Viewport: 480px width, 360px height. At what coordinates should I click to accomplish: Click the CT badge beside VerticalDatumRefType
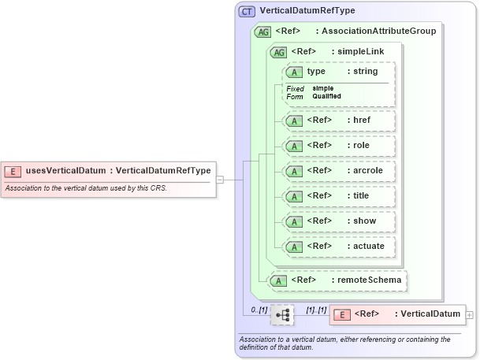click(247, 11)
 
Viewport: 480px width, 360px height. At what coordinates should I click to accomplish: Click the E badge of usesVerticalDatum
click(13, 171)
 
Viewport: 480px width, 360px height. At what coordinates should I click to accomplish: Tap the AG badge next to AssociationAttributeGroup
click(262, 32)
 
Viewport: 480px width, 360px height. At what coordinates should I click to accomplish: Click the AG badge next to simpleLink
click(278, 52)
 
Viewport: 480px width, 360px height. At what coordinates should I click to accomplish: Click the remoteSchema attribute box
click(338, 280)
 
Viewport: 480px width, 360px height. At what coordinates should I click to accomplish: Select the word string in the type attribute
click(365, 72)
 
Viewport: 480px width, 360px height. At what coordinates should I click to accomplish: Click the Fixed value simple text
click(322, 88)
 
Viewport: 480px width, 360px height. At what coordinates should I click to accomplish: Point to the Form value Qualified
click(326, 96)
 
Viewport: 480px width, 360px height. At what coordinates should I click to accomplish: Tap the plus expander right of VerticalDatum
click(470, 314)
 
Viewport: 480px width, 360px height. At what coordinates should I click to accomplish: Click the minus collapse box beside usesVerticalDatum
click(220, 179)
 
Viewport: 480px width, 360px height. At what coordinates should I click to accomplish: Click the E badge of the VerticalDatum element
click(343, 314)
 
